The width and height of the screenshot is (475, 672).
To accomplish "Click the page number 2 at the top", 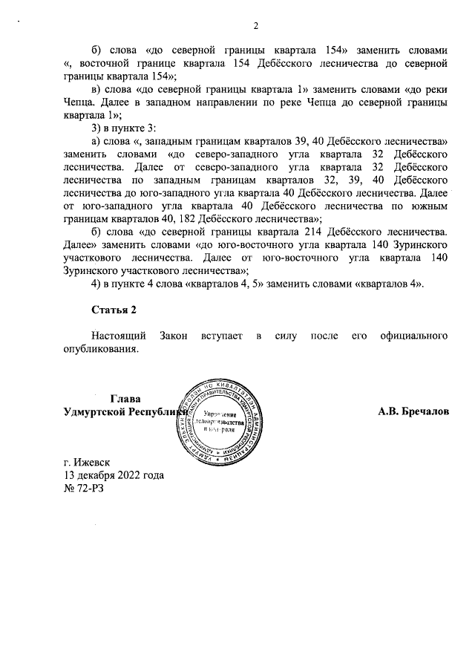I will click(x=255, y=27).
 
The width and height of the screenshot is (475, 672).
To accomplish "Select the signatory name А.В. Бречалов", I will click(x=413, y=411).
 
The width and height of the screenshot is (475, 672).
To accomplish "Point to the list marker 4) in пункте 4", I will click(x=95, y=286).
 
